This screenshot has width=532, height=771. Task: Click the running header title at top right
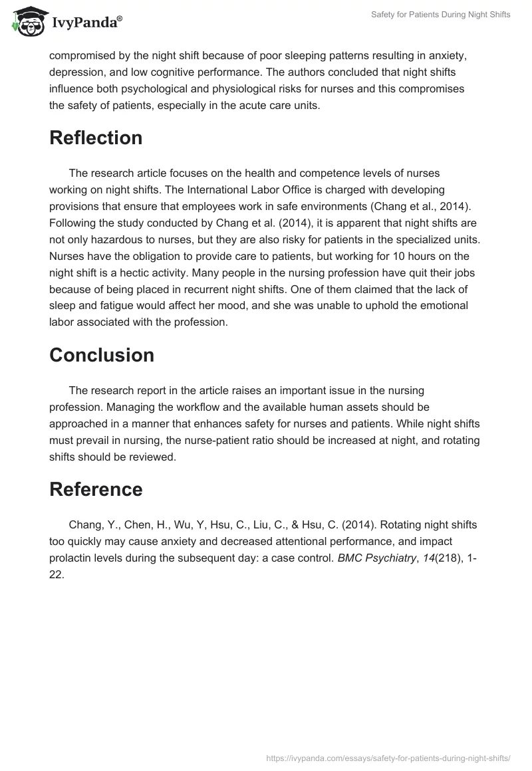point(440,15)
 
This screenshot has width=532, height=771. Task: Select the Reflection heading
point(96,138)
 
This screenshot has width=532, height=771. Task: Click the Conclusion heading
point(101,355)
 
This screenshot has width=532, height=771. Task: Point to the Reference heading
point(96,489)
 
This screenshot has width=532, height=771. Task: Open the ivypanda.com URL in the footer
point(388,758)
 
